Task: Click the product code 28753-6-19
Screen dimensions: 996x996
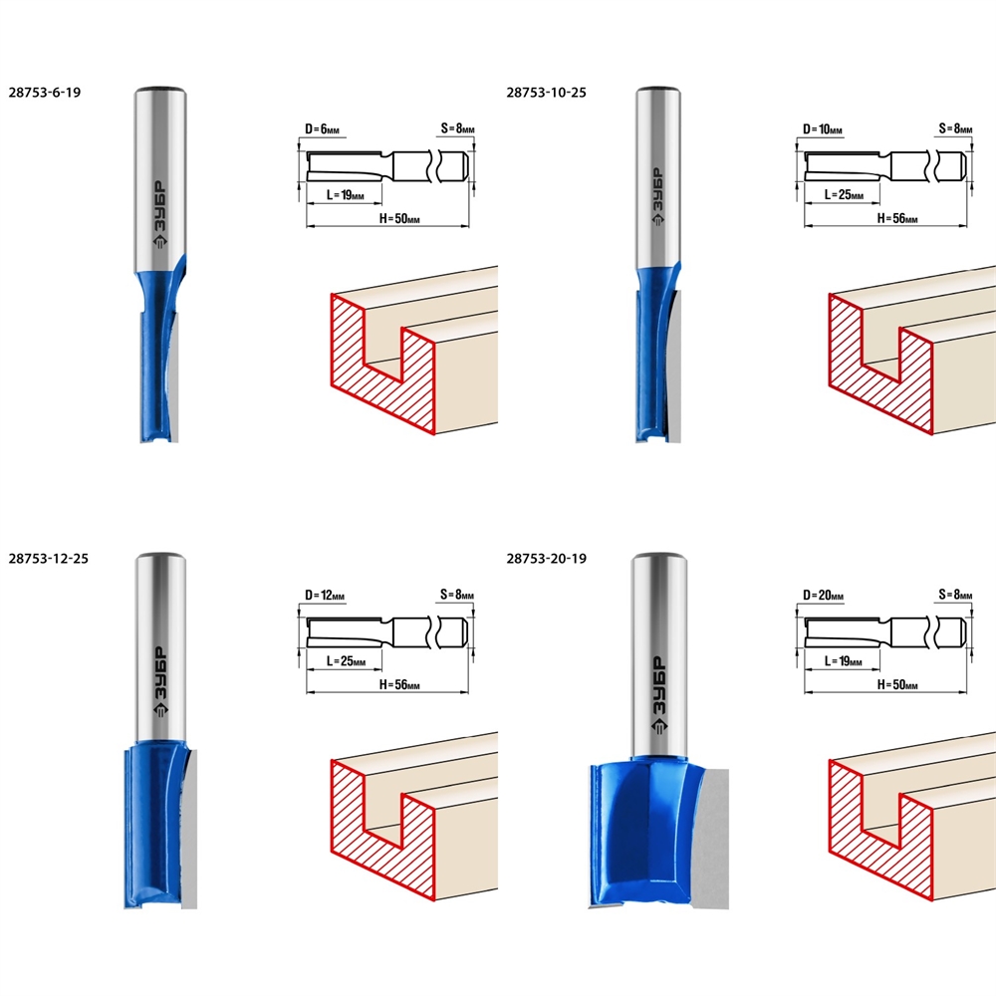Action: pos(45,92)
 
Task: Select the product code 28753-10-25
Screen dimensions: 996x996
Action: pos(546,92)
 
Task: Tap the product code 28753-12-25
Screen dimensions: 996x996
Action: pos(48,559)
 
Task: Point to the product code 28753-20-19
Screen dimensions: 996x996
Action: pos(546,559)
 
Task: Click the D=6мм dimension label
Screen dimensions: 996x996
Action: pos(322,128)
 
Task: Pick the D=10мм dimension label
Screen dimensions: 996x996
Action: pos(823,128)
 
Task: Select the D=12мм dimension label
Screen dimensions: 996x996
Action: pos(325,596)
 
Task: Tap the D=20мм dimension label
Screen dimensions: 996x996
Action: pos(824,596)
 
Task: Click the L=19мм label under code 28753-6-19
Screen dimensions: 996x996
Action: pos(345,195)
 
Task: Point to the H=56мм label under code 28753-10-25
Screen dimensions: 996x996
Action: pos(897,218)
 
